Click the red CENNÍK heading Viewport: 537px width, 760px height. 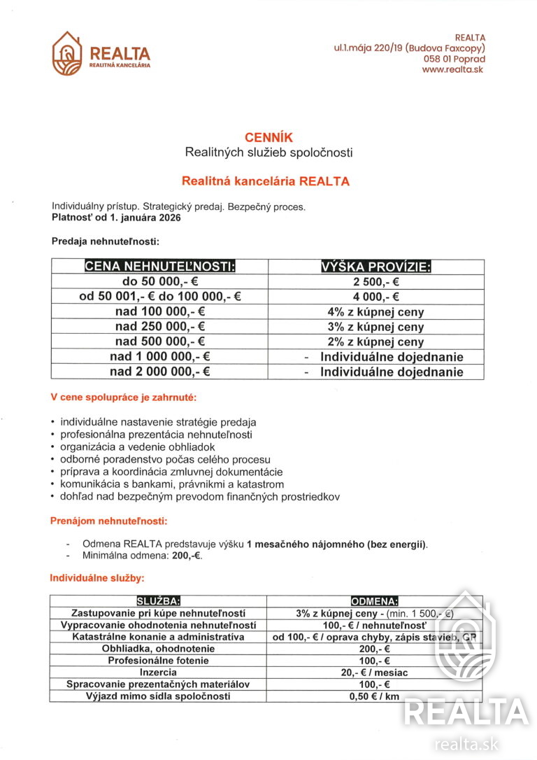point(268,138)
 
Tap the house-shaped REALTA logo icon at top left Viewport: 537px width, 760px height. point(67,54)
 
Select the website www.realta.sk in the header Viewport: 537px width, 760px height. point(453,70)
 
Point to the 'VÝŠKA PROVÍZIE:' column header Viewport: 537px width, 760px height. point(375,267)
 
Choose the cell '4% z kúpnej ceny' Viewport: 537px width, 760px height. point(375,312)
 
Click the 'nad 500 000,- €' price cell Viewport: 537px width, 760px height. point(160,342)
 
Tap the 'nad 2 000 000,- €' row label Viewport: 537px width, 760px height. point(160,372)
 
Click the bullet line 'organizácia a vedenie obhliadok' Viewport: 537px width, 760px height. point(138,446)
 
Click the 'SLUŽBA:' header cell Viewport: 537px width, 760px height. point(158,601)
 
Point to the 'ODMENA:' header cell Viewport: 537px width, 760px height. point(374,601)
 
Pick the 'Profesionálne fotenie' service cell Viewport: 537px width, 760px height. point(158,661)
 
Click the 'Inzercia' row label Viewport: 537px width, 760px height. point(158,673)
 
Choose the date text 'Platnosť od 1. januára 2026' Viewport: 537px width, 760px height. point(116,218)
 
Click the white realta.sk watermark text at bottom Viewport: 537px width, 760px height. point(466,743)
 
